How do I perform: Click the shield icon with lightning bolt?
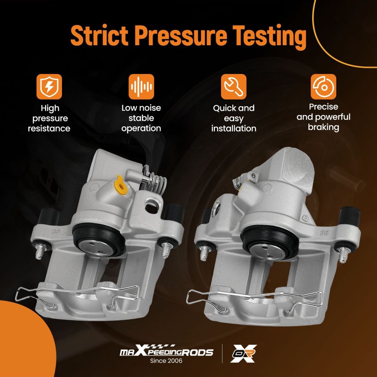coord(49,87)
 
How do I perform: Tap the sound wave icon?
coord(141,87)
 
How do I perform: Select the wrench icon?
coord(234,87)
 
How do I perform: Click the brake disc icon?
coord(323,87)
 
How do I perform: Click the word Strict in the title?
coord(99,35)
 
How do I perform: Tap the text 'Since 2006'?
coord(166,361)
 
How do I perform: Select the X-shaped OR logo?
coord(243,354)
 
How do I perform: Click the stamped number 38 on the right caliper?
coord(324,233)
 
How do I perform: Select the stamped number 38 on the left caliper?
coord(55,232)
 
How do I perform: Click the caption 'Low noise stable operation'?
coord(141,118)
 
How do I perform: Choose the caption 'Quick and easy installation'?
coord(234,118)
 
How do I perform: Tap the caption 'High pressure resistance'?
coord(49,118)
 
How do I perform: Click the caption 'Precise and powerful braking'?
coord(323,117)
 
